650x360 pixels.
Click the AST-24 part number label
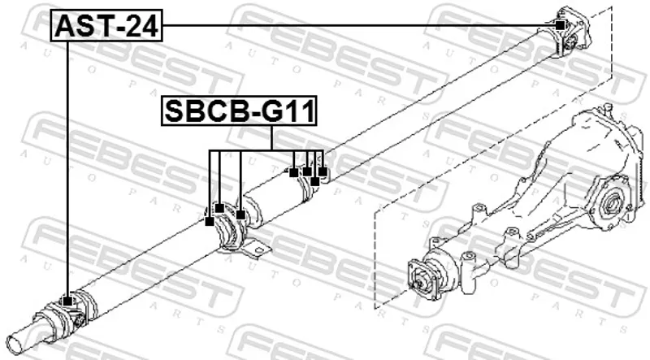click(x=106, y=25)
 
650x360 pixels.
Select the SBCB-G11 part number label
click(x=239, y=111)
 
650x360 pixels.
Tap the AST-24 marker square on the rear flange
click(x=560, y=25)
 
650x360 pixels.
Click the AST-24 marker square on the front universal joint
click(x=67, y=301)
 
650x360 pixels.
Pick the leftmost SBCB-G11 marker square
click(x=210, y=222)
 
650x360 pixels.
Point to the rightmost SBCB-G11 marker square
click(x=323, y=171)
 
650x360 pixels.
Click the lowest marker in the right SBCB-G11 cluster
click(x=314, y=181)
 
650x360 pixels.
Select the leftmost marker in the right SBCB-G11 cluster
click(x=293, y=172)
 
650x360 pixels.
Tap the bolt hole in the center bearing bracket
click(x=260, y=249)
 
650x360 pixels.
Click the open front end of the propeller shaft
click(x=15, y=345)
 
